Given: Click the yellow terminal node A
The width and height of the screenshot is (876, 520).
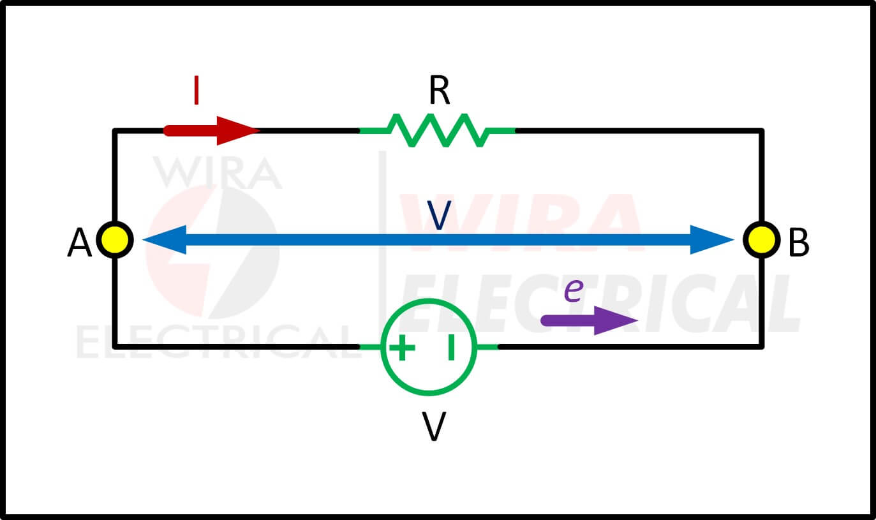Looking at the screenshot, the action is point(115,240).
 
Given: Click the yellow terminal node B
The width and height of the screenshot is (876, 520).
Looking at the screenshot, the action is point(761,240).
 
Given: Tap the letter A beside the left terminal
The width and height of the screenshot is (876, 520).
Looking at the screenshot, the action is point(79,243).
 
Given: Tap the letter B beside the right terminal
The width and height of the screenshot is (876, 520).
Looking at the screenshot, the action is point(799,242).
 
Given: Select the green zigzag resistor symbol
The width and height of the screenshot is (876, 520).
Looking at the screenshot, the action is point(437,131).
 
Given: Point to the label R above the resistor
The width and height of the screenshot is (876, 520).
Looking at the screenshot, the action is point(439,91).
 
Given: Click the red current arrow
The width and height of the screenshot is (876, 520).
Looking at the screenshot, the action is point(212,131).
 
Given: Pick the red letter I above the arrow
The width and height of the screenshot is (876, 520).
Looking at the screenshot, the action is point(197,91).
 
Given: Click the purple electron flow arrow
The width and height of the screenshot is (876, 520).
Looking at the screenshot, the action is point(589,320).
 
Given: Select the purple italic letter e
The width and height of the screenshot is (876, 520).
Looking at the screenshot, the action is point(574,290).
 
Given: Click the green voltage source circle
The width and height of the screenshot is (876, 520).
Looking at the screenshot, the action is point(429,347).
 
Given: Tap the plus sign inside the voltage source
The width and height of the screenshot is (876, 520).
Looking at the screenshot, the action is point(402,347).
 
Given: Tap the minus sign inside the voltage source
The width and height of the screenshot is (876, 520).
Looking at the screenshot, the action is point(451,347).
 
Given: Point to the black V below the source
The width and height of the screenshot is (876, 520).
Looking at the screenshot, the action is point(434,427).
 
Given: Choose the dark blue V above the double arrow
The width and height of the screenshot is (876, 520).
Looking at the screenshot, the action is point(439,216).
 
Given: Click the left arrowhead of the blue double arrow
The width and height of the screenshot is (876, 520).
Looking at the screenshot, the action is point(164,240).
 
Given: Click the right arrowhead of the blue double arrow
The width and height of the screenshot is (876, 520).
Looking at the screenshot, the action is point(712,240).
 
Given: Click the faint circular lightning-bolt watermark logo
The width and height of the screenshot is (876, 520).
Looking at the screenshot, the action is point(212,252).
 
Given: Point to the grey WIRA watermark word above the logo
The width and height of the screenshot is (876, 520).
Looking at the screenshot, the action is point(218,172).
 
